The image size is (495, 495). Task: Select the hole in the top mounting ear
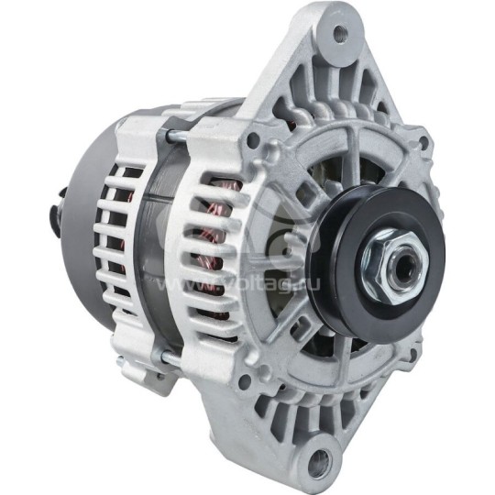[x=340, y=35]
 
